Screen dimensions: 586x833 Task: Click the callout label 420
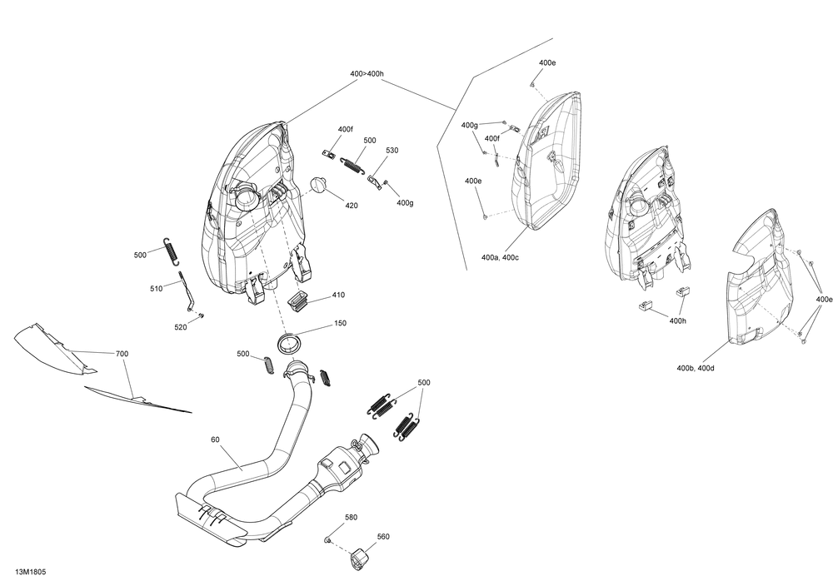pos(352,206)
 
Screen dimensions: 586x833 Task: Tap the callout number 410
pos(337,295)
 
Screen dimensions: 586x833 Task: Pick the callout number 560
pos(382,537)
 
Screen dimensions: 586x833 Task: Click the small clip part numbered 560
pos(360,558)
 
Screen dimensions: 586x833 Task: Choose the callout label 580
pos(351,517)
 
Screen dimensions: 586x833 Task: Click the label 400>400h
pos(367,74)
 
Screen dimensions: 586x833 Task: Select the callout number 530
pos(392,151)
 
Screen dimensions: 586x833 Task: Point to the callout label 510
pos(157,289)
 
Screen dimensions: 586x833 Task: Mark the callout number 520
pos(181,327)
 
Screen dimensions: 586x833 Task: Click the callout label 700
pos(122,354)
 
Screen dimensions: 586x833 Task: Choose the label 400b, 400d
pos(695,367)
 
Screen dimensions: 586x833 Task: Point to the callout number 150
pos(340,324)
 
